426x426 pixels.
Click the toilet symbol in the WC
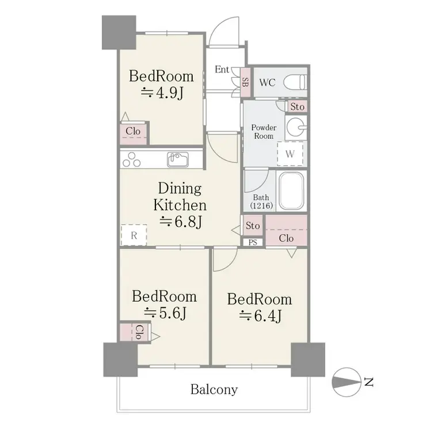(x=295, y=82)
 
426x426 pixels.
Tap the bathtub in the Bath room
(x=291, y=191)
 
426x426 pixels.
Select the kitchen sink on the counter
(x=178, y=159)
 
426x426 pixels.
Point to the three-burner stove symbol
(x=131, y=160)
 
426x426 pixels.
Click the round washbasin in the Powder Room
(x=296, y=127)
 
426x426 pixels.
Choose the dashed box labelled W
(x=290, y=154)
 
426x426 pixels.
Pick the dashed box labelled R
(x=134, y=235)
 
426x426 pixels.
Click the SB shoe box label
(x=245, y=82)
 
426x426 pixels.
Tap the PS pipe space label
(x=253, y=242)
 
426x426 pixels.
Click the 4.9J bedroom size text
(x=162, y=93)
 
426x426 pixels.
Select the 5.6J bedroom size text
(x=165, y=313)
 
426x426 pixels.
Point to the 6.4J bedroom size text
(x=260, y=316)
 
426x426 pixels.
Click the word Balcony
(x=214, y=390)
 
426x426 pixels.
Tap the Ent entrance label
(x=222, y=70)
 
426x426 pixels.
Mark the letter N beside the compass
(x=368, y=382)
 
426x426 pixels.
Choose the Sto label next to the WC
(x=297, y=106)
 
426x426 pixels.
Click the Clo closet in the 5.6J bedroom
(x=135, y=332)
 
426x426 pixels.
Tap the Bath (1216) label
(x=261, y=201)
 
